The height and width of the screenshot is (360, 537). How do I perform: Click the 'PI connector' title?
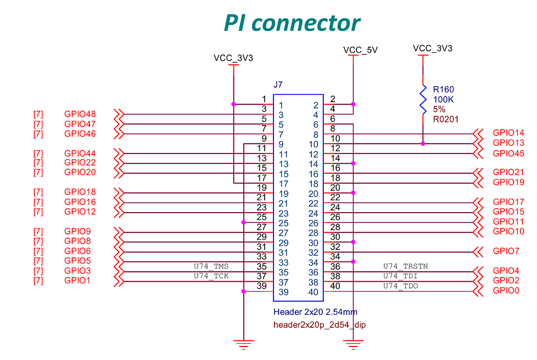pos(291,23)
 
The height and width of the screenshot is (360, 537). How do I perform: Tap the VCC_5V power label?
pos(360,50)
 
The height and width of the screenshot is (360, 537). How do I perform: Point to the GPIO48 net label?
pos(80,114)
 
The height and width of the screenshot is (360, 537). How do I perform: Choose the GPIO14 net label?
pos(508,133)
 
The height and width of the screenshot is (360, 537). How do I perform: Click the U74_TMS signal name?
pos(211,267)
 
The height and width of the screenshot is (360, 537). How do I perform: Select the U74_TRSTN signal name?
pos(405,267)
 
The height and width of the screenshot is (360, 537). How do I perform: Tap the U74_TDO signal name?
pos(401,286)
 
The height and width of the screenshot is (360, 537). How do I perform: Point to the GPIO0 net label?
pos(505,290)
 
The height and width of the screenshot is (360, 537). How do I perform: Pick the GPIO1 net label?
pos(77,281)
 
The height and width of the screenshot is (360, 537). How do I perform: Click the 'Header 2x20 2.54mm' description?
pos(315,312)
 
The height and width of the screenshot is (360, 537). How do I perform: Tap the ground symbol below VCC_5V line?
pos(353,343)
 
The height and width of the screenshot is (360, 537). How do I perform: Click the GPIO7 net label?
pos(505,252)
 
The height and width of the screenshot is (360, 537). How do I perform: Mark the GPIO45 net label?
pos(508,154)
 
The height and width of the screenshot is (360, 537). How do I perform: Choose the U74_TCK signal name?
pos(211,276)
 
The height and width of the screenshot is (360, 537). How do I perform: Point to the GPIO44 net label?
pos(80,154)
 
